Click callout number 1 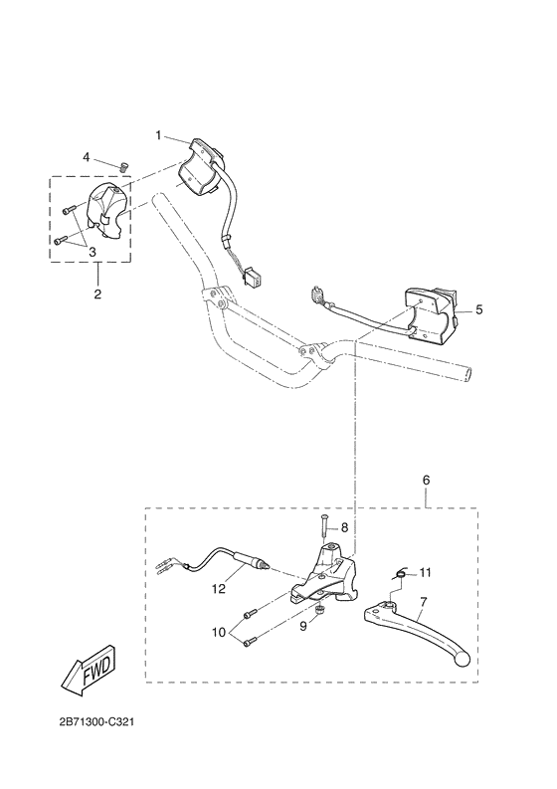click(157, 133)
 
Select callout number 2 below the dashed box click(96, 294)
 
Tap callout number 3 click(92, 252)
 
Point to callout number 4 click(86, 157)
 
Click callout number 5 click(479, 309)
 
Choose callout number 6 click(427, 480)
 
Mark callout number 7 click(423, 602)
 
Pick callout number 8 click(345, 527)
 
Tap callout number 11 click(425, 572)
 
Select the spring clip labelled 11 click(400, 570)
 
